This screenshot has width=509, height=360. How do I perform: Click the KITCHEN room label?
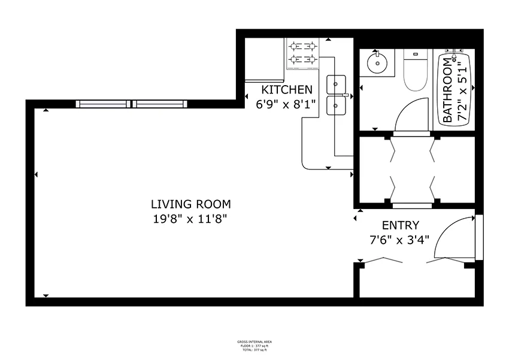tap(287, 90)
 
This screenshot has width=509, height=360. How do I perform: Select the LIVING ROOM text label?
tap(190, 204)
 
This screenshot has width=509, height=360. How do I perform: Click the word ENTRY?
tap(401, 225)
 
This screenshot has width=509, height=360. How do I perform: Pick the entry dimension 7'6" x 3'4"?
tap(401, 240)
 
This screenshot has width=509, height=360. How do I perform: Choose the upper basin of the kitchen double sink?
tap(337, 83)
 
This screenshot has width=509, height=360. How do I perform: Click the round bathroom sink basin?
tap(378, 62)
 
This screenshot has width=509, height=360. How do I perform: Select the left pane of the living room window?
tap(104, 104)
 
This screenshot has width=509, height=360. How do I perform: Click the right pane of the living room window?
tap(160, 104)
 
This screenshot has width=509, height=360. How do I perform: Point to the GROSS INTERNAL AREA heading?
tap(255, 341)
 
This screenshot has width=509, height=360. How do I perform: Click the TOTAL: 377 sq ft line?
tap(255, 349)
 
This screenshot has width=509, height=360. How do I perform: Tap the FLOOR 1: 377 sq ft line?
tap(255, 345)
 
